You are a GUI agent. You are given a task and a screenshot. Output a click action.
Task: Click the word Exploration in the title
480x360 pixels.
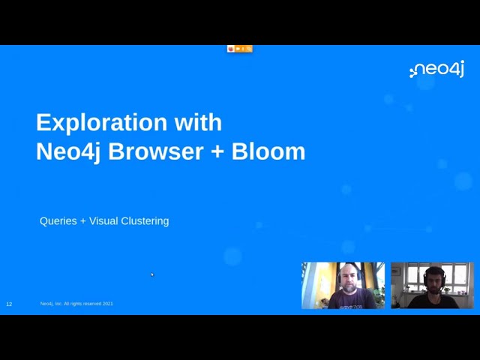(91, 123)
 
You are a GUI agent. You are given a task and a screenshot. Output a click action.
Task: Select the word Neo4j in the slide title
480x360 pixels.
(68, 151)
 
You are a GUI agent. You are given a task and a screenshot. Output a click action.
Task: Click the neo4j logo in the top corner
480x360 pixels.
(437, 70)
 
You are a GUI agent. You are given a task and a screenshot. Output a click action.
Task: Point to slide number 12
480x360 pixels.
(9, 304)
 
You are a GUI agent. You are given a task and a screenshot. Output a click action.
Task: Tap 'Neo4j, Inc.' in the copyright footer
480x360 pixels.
(51, 304)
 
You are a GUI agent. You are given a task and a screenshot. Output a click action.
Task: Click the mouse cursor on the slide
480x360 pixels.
(151, 274)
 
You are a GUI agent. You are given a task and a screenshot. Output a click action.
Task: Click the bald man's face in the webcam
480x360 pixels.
(347, 278)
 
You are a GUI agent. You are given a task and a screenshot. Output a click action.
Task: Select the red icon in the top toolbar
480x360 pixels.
(231, 49)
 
